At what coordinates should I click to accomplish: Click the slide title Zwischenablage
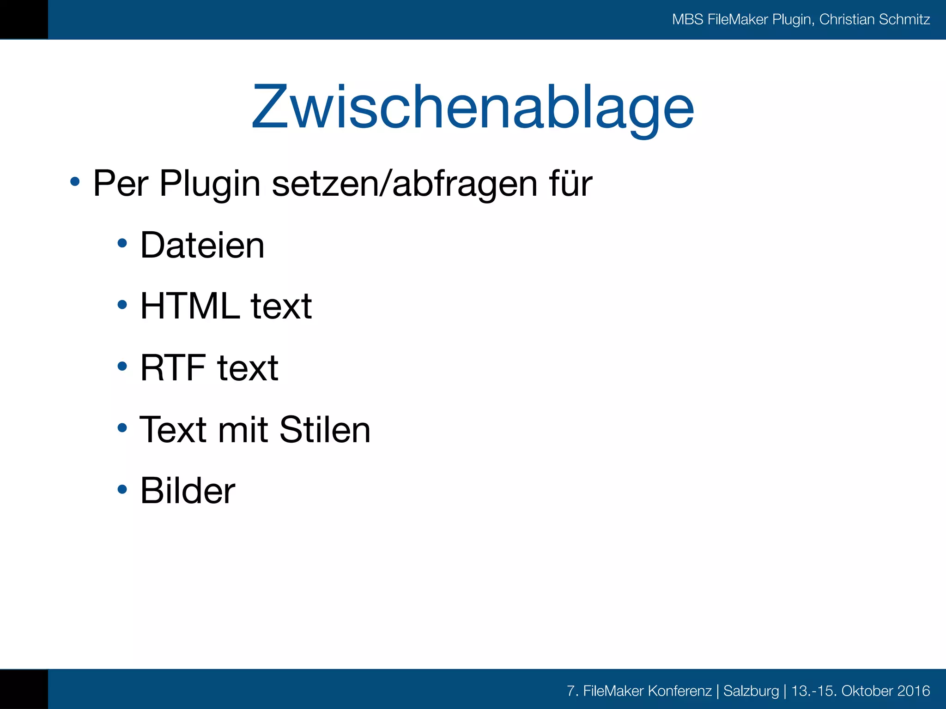[x=473, y=107]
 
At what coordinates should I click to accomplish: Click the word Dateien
[x=202, y=245]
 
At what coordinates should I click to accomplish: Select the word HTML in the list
[x=190, y=306]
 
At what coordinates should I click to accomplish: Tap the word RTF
[x=173, y=368]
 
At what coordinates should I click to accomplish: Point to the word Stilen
[x=325, y=430]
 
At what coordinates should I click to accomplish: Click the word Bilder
[x=188, y=490]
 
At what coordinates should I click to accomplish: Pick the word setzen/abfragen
[x=405, y=184]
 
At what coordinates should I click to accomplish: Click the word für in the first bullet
[x=570, y=184]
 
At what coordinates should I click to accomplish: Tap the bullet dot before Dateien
[x=122, y=243]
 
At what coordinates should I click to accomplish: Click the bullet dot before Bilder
[x=122, y=489]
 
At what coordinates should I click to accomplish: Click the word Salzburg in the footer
[x=751, y=691]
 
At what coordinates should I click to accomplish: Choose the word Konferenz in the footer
[x=679, y=691]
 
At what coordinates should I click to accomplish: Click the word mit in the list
[x=243, y=430]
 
